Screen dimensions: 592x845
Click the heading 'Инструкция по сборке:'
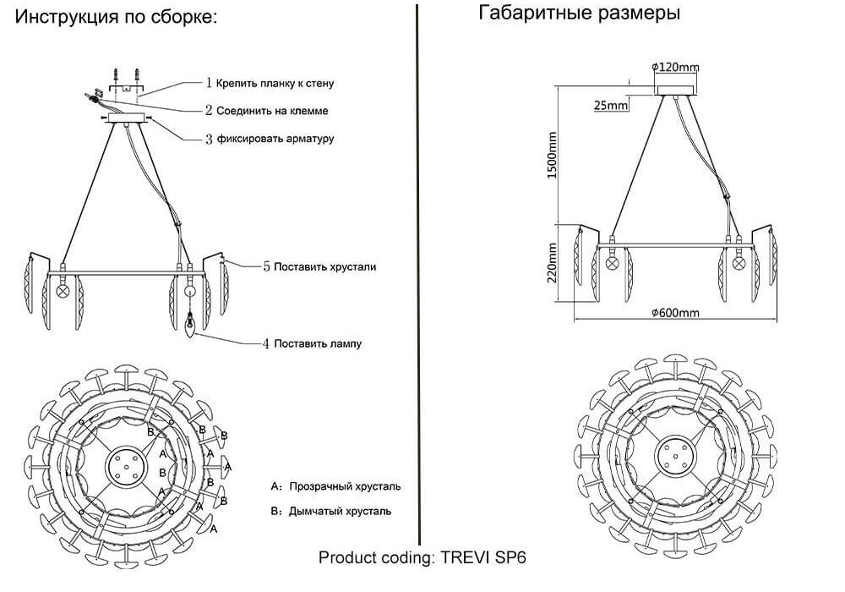click(117, 17)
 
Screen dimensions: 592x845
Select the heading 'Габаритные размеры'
click(579, 14)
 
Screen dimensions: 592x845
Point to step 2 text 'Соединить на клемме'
click(266, 111)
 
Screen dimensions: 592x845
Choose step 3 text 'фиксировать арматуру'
click(270, 138)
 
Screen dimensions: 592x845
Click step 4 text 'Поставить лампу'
click(311, 343)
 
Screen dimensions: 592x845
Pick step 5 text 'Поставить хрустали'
click(319, 266)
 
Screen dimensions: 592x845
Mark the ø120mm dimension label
click(675, 68)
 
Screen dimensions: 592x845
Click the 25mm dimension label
click(611, 106)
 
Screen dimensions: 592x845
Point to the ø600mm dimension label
click(675, 313)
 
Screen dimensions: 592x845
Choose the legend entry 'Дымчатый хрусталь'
click(340, 511)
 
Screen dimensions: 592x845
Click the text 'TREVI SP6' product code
click(484, 558)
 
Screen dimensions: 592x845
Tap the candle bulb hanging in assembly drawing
click(191, 324)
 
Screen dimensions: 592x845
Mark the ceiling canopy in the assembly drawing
click(128, 120)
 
